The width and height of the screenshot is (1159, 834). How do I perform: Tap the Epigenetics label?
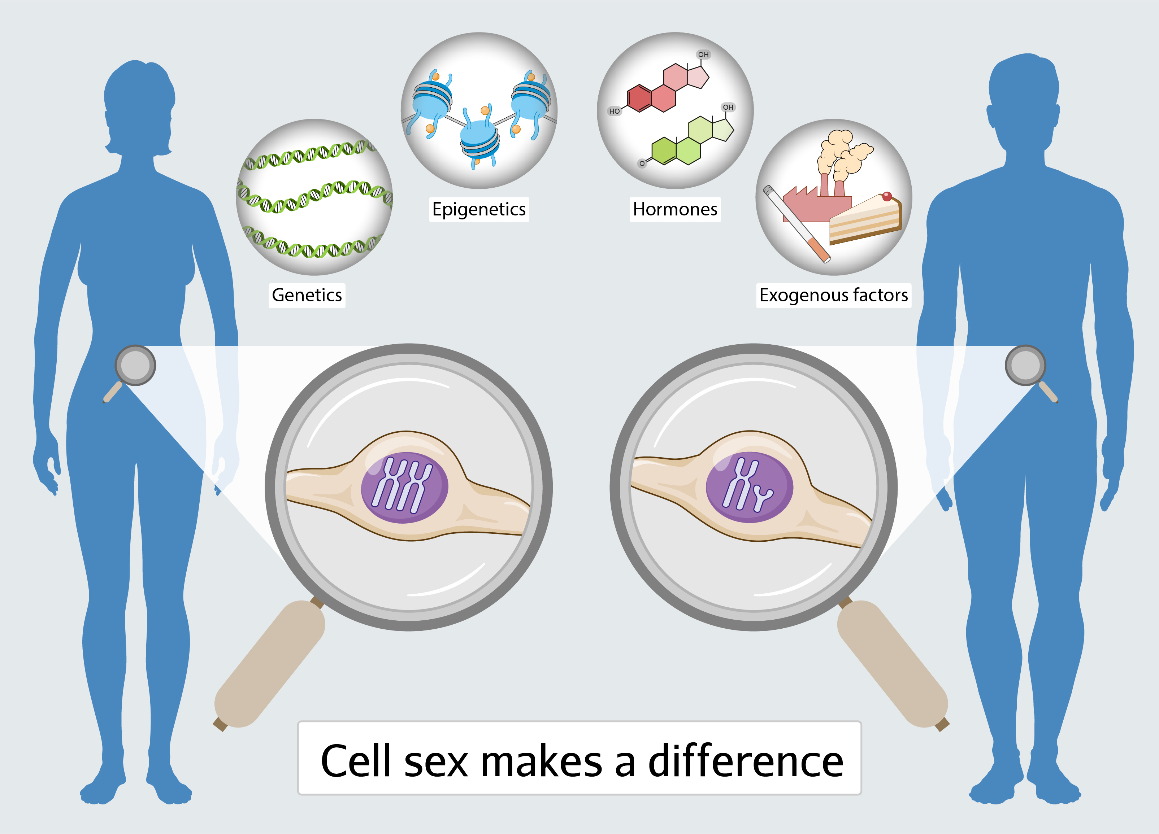479,209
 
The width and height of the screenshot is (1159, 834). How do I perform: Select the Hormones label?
675,209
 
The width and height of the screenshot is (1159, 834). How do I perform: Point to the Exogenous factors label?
833,295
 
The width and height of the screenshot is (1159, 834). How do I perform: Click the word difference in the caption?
746,761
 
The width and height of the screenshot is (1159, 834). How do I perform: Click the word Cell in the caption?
356,761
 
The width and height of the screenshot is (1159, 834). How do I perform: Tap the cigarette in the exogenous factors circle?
796,224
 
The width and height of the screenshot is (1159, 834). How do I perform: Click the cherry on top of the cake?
887,196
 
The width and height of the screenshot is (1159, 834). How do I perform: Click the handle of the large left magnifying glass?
270,664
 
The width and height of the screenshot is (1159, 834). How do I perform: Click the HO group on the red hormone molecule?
614,111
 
